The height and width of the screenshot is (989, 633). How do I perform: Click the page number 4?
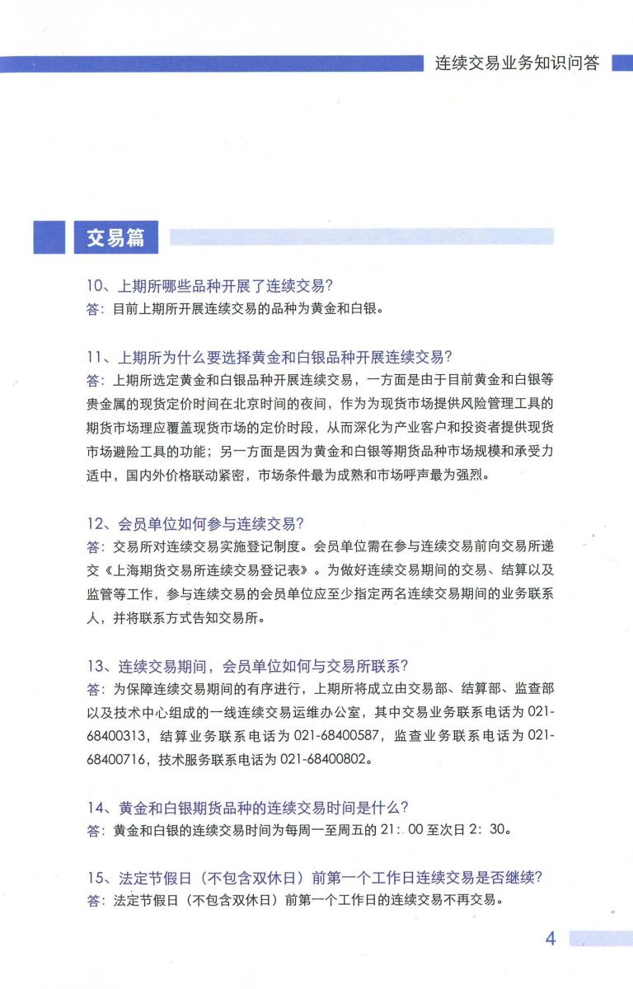tap(551, 939)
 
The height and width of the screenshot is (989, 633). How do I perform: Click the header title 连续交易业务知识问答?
tap(517, 63)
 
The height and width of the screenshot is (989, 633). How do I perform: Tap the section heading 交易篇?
tap(115, 237)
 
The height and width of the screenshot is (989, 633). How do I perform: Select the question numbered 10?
tap(209, 286)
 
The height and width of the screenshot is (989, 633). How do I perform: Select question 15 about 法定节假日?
tap(314, 879)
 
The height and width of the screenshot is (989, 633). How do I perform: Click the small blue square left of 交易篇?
tap(49, 237)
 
